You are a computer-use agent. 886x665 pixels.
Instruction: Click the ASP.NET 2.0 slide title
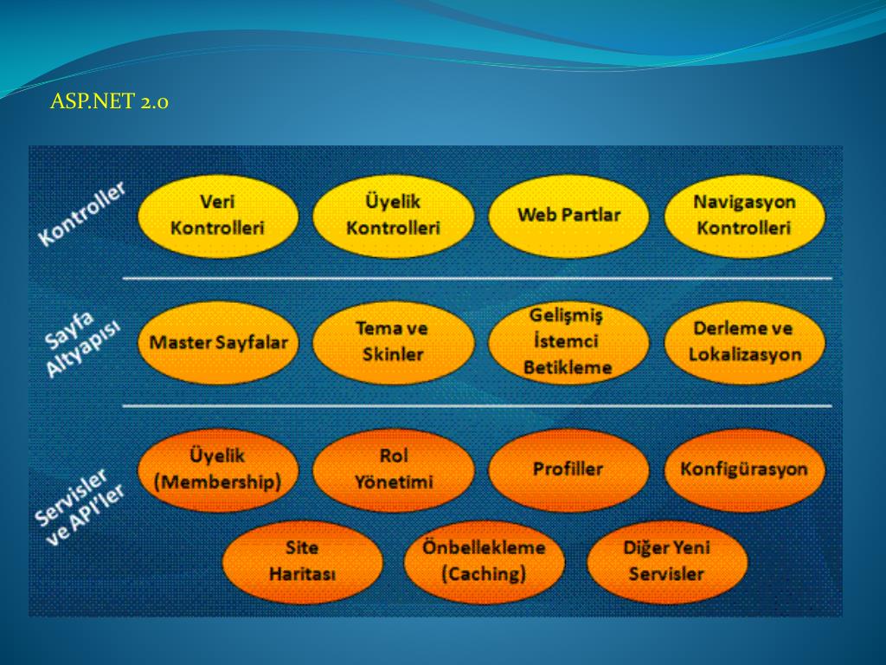pyautogui.click(x=109, y=102)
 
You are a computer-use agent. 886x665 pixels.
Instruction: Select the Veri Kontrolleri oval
pyautogui.click(x=217, y=216)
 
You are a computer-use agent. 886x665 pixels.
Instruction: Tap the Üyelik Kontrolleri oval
pyautogui.click(x=393, y=216)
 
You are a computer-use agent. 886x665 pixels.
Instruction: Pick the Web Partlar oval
pyautogui.click(x=568, y=216)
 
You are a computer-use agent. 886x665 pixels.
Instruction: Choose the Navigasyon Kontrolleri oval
pyautogui.click(x=744, y=216)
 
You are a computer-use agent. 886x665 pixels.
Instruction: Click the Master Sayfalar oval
pyautogui.click(x=217, y=342)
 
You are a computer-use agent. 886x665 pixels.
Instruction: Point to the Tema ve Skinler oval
pyautogui.click(x=393, y=342)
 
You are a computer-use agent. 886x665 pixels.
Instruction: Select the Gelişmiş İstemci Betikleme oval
pyautogui.click(x=568, y=342)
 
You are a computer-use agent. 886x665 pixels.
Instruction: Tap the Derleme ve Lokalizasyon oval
pyautogui.click(x=744, y=342)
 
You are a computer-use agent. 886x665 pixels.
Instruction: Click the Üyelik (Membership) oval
pyautogui.click(x=217, y=469)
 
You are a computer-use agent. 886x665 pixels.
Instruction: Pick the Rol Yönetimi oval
pyautogui.click(x=393, y=469)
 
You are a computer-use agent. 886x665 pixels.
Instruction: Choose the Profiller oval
pyautogui.click(x=568, y=469)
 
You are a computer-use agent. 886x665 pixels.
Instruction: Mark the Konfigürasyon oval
pyautogui.click(x=744, y=469)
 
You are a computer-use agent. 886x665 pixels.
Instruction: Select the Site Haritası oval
pyautogui.click(x=302, y=561)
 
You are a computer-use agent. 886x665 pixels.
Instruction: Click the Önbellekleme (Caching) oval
pyautogui.click(x=484, y=561)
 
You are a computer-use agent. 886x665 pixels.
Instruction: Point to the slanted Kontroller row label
pyautogui.click(x=82, y=213)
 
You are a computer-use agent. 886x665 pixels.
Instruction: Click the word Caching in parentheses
pyautogui.click(x=484, y=574)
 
